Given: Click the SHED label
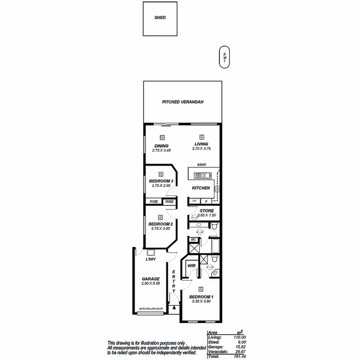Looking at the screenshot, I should [160, 18].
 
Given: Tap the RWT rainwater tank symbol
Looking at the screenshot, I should [224, 57].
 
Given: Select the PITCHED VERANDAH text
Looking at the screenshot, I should [183, 102].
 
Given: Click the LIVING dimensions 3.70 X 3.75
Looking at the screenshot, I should [201, 149].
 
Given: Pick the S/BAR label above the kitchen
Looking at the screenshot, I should [201, 165].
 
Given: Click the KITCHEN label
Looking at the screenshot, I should [201, 188].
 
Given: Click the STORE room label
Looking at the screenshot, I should [207, 211].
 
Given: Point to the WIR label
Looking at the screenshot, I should [191, 265].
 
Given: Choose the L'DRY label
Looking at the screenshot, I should [151, 260].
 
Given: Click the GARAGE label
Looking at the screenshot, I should [150, 279].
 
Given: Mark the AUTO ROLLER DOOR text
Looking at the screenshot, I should [151, 309].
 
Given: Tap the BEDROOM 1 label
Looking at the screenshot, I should [202, 297].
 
